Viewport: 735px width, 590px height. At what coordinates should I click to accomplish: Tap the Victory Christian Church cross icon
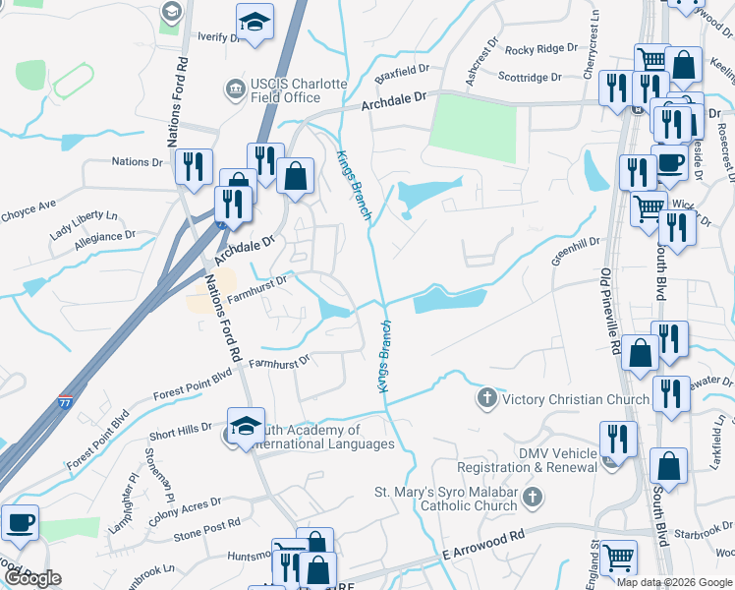pyautogui.click(x=486, y=398)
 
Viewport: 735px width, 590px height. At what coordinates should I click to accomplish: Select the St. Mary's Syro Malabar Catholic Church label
pyautogui.click(x=445, y=499)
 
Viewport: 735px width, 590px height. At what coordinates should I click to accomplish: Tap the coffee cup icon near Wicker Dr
pyautogui.click(x=670, y=163)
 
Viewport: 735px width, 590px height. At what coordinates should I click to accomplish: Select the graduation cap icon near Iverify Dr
pyautogui.click(x=254, y=23)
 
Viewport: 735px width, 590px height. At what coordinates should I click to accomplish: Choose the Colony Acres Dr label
pyautogui.click(x=178, y=506)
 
